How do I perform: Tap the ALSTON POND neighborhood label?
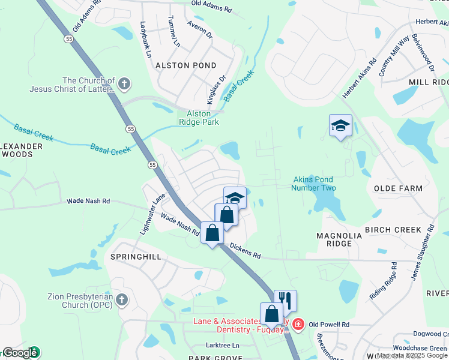point(186,65)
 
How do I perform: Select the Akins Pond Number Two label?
point(313,184)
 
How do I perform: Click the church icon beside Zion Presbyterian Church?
point(121,299)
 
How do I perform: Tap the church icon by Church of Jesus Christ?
point(124,83)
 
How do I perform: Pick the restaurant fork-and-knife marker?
point(286,300)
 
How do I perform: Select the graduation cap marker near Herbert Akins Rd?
point(340,125)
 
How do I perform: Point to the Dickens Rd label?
point(245,251)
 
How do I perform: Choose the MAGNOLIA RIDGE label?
point(339,240)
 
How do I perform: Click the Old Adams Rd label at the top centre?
point(211,9)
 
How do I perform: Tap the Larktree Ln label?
point(222,345)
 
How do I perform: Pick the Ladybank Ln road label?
point(146,40)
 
